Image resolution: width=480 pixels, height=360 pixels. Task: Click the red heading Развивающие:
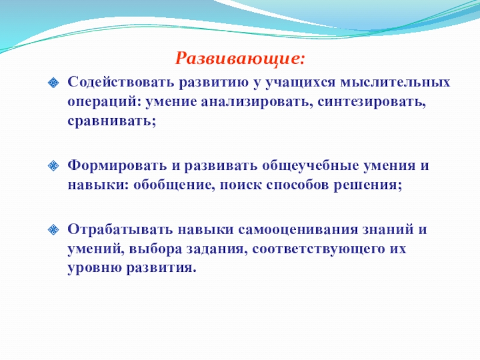(x=241, y=58)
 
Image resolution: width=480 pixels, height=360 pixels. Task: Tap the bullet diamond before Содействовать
(x=53, y=83)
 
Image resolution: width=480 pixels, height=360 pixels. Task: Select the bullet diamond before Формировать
(x=53, y=166)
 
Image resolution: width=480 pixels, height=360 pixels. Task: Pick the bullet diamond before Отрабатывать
(x=53, y=230)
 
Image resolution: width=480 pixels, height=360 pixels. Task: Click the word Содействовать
(x=121, y=82)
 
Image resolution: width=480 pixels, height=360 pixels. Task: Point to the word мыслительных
(x=395, y=82)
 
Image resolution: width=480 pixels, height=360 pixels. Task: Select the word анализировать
(x=257, y=102)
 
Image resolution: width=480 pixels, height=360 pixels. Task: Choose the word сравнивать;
(x=112, y=121)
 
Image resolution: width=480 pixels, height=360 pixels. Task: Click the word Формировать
(x=117, y=166)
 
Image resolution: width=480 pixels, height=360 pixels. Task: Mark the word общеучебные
(x=310, y=166)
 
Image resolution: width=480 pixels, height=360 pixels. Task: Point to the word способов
(x=297, y=185)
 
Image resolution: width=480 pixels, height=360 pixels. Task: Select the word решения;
(x=368, y=185)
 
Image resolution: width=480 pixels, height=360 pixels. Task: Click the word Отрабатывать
(x=120, y=229)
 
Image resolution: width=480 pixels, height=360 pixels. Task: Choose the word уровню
(x=95, y=268)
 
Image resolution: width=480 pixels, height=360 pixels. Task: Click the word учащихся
(x=300, y=83)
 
